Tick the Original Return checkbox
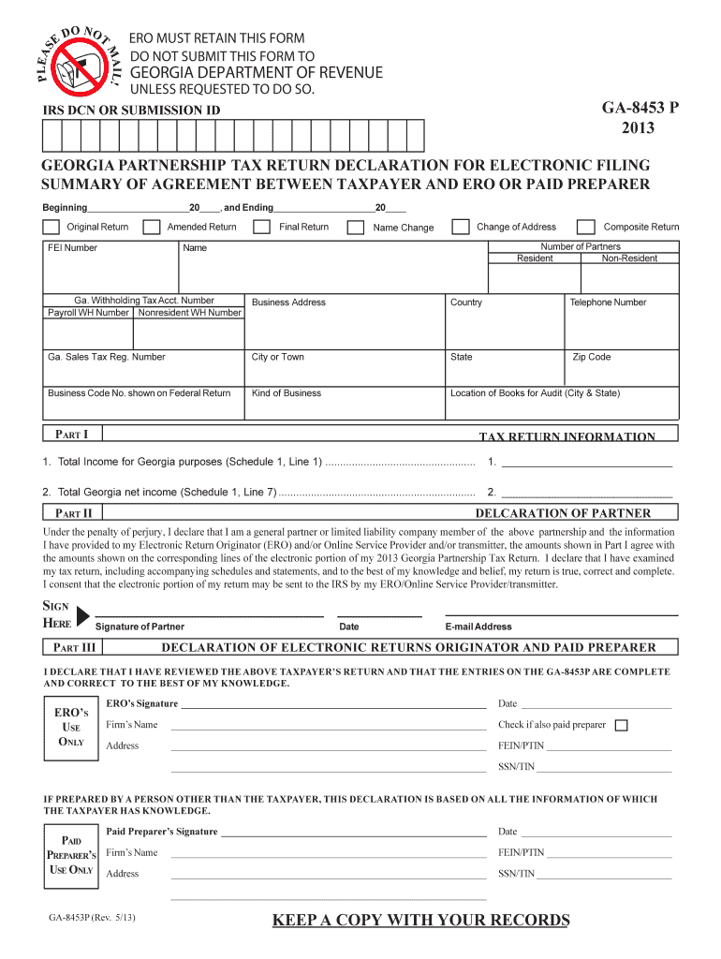click(x=51, y=228)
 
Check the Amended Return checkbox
click(x=149, y=228)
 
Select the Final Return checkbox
click(x=262, y=228)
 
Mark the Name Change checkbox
click(x=356, y=228)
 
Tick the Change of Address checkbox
click(x=460, y=228)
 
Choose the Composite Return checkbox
click(x=585, y=228)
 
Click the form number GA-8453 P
click(x=625, y=109)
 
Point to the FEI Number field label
click(x=72, y=248)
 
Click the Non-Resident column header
click(x=628, y=258)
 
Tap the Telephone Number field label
click(x=608, y=302)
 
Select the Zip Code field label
click(x=591, y=357)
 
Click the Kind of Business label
click(x=287, y=393)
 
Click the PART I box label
click(x=72, y=435)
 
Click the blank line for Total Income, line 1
click(x=587, y=462)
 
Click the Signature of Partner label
click(x=140, y=627)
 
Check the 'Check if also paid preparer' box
click(x=621, y=725)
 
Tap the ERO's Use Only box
click(x=71, y=728)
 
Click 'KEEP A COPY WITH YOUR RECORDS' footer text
click(x=420, y=920)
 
